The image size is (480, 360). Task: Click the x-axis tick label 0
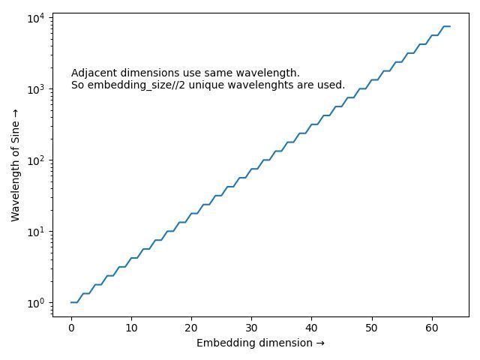71,328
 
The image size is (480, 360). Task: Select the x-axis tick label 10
131,328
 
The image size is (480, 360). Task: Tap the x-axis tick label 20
191,328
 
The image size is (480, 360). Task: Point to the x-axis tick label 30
251,328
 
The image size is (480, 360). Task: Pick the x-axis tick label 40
312,328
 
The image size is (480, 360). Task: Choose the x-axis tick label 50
372,328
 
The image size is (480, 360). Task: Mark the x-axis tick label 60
432,328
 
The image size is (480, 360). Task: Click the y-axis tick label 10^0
35,301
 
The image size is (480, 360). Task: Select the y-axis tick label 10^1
35,230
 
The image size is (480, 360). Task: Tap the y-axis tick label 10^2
35,160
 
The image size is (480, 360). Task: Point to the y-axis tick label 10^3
35,88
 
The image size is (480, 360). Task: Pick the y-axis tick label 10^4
35,17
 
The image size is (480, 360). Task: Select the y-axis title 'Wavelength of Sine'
16,164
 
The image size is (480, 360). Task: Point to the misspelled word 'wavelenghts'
282,85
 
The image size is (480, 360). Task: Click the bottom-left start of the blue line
71,302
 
